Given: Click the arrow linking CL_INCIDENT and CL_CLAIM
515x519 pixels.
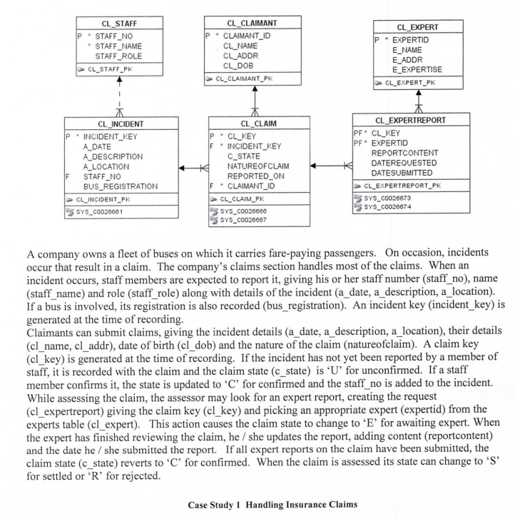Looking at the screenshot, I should click(x=191, y=168).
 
